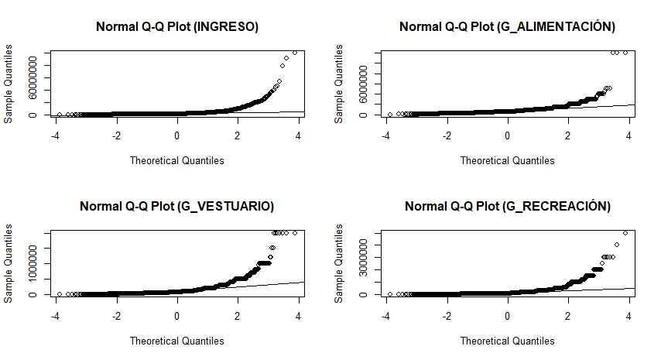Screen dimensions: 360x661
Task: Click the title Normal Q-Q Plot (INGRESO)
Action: pyautogui.click(x=176, y=26)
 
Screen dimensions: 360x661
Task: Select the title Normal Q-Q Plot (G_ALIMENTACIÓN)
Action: pyautogui.click(x=507, y=26)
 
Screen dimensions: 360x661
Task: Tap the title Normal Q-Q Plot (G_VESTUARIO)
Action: pyautogui.click(x=176, y=206)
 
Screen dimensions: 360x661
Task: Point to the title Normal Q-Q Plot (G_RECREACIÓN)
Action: pyautogui.click(x=507, y=206)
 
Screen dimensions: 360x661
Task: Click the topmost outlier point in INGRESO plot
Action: pyautogui.click(x=295, y=53)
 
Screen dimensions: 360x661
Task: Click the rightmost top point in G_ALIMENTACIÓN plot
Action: pyautogui.click(x=625, y=53)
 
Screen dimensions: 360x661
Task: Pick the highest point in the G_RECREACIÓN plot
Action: pyautogui.click(x=625, y=232)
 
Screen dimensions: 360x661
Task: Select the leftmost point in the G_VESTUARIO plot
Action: pyautogui.click(x=59, y=294)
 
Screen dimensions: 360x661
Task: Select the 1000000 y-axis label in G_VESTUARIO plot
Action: pyautogui.click(x=33, y=263)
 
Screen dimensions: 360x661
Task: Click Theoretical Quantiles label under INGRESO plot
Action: pyautogui.click(x=176, y=161)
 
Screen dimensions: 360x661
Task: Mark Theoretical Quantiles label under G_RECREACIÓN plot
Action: pyautogui.click(x=507, y=341)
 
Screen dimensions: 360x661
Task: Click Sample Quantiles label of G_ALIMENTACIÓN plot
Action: pyautogui.click(x=339, y=84)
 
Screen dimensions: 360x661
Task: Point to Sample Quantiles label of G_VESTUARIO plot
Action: pyautogui.click(x=9, y=263)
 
